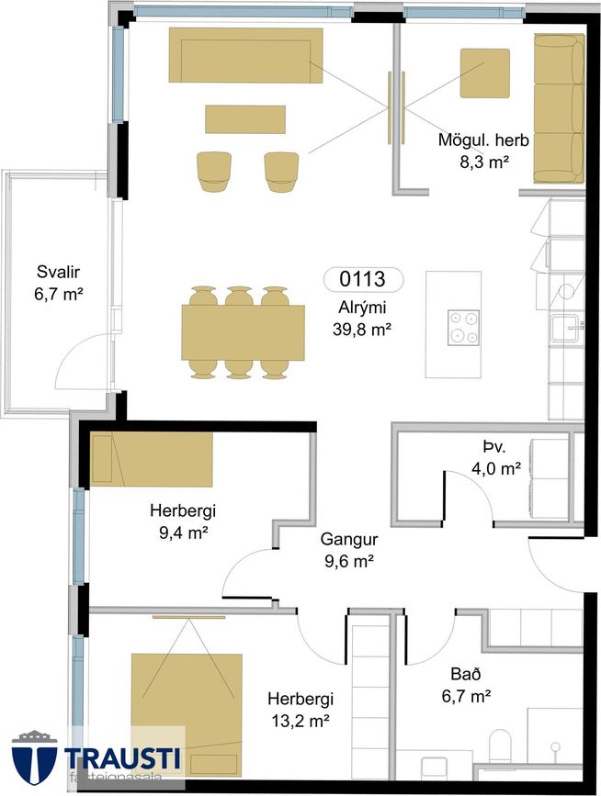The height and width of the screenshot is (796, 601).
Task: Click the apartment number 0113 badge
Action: pos(363,279)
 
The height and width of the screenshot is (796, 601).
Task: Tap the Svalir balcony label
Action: pos(59,272)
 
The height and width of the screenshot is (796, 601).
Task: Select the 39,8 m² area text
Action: pos(362,330)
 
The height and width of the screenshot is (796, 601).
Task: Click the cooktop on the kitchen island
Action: pos(463,328)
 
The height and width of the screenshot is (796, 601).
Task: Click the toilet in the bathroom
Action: pos(502,746)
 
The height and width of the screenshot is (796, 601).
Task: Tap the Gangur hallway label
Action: pos(349,539)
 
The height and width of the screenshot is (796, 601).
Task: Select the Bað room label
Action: pos(466,674)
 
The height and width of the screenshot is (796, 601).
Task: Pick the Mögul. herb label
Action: pos(483,140)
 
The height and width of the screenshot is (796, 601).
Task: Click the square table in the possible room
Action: pos(484,73)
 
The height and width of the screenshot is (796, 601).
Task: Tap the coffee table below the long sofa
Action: pos(245,119)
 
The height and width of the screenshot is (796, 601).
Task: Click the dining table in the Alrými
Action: pos(244,332)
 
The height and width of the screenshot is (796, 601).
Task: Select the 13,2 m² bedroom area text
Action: pos(300,721)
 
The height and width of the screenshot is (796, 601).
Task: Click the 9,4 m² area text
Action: pos(183,533)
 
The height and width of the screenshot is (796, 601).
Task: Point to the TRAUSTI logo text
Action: pos(122,758)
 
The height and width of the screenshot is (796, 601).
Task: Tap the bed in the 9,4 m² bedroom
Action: pos(152,459)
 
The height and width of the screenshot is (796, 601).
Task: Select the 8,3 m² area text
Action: pos(484,162)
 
